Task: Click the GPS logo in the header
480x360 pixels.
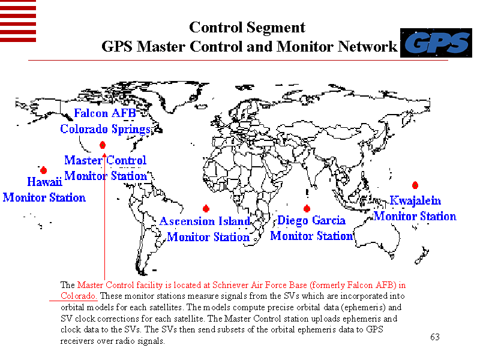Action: click(x=436, y=43)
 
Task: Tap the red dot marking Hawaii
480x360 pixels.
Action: click(x=43, y=170)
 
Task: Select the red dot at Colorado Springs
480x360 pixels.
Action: click(x=103, y=145)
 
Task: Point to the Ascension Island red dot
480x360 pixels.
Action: click(x=206, y=208)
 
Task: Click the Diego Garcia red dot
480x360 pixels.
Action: click(x=307, y=208)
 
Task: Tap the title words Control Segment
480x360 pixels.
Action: click(x=247, y=28)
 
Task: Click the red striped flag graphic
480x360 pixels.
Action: click(x=18, y=21)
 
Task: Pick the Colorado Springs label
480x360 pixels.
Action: click(x=105, y=129)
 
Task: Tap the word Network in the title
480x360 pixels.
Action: click(x=367, y=46)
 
